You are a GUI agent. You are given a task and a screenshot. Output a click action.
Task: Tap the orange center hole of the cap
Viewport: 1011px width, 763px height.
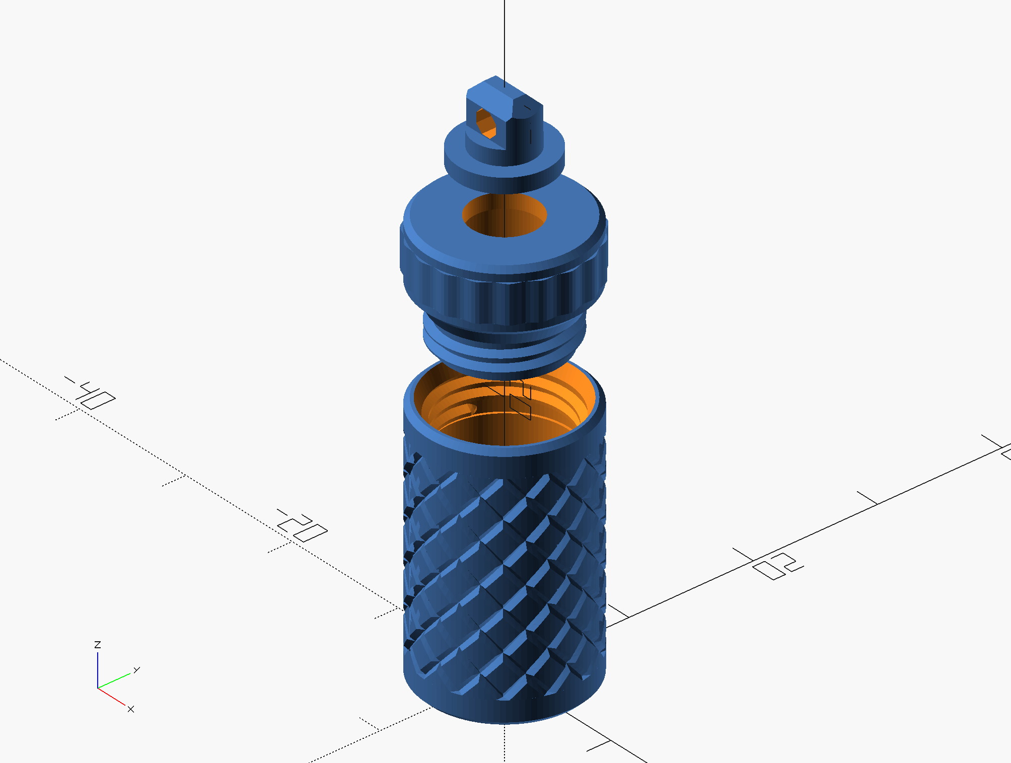pyautogui.click(x=504, y=216)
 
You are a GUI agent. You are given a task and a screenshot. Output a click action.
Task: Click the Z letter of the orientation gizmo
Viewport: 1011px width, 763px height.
pyautogui.click(x=98, y=645)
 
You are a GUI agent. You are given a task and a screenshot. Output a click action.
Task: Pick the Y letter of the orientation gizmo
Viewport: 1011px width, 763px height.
pyautogui.click(x=136, y=670)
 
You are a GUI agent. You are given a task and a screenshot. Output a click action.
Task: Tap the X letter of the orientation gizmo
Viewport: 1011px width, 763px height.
pyautogui.click(x=131, y=709)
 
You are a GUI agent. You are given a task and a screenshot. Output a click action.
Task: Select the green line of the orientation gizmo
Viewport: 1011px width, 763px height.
pyautogui.click(x=114, y=680)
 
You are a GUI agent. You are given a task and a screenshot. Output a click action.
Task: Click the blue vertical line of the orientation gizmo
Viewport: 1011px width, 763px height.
pyautogui.click(x=98, y=670)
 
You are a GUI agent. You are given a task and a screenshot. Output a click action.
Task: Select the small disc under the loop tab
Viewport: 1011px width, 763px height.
pyautogui.click(x=503, y=166)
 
